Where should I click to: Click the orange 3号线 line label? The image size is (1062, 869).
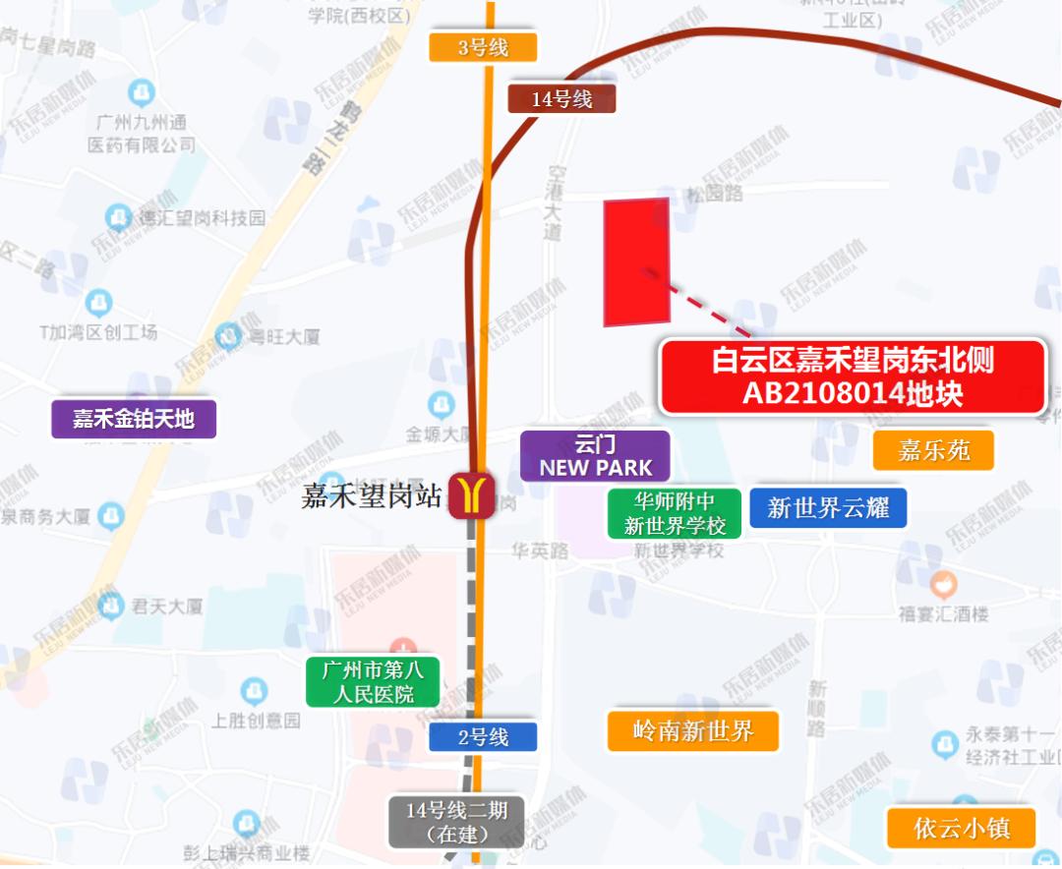pos(483,47)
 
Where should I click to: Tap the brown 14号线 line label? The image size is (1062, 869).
pos(561,98)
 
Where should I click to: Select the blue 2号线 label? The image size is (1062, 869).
pos(483,736)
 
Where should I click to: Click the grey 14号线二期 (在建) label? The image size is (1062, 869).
pos(456,822)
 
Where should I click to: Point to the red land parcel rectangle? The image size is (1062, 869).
pos(636,261)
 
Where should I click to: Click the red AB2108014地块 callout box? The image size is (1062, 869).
pos(852,377)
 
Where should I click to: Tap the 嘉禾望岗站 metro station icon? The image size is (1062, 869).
pos(471,495)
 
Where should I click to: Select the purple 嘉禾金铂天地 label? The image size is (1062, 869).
pos(134,419)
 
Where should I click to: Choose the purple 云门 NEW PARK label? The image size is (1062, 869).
pos(595,456)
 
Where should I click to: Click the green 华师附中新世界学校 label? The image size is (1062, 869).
pos(674,513)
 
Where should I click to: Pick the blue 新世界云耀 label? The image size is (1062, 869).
pos(828,507)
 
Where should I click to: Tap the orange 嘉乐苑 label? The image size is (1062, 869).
pos(933,450)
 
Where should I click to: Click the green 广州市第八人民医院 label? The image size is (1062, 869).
pos(373,682)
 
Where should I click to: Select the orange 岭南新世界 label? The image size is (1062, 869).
pos(692,730)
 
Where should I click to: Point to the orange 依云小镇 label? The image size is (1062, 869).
pos(961,828)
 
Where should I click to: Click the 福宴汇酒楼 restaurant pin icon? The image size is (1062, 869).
pos(943,586)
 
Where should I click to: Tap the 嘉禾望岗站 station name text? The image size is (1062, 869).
pos(372,496)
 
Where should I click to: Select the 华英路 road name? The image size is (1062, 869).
pos(540,551)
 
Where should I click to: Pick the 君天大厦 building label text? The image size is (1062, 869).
pos(167,607)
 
